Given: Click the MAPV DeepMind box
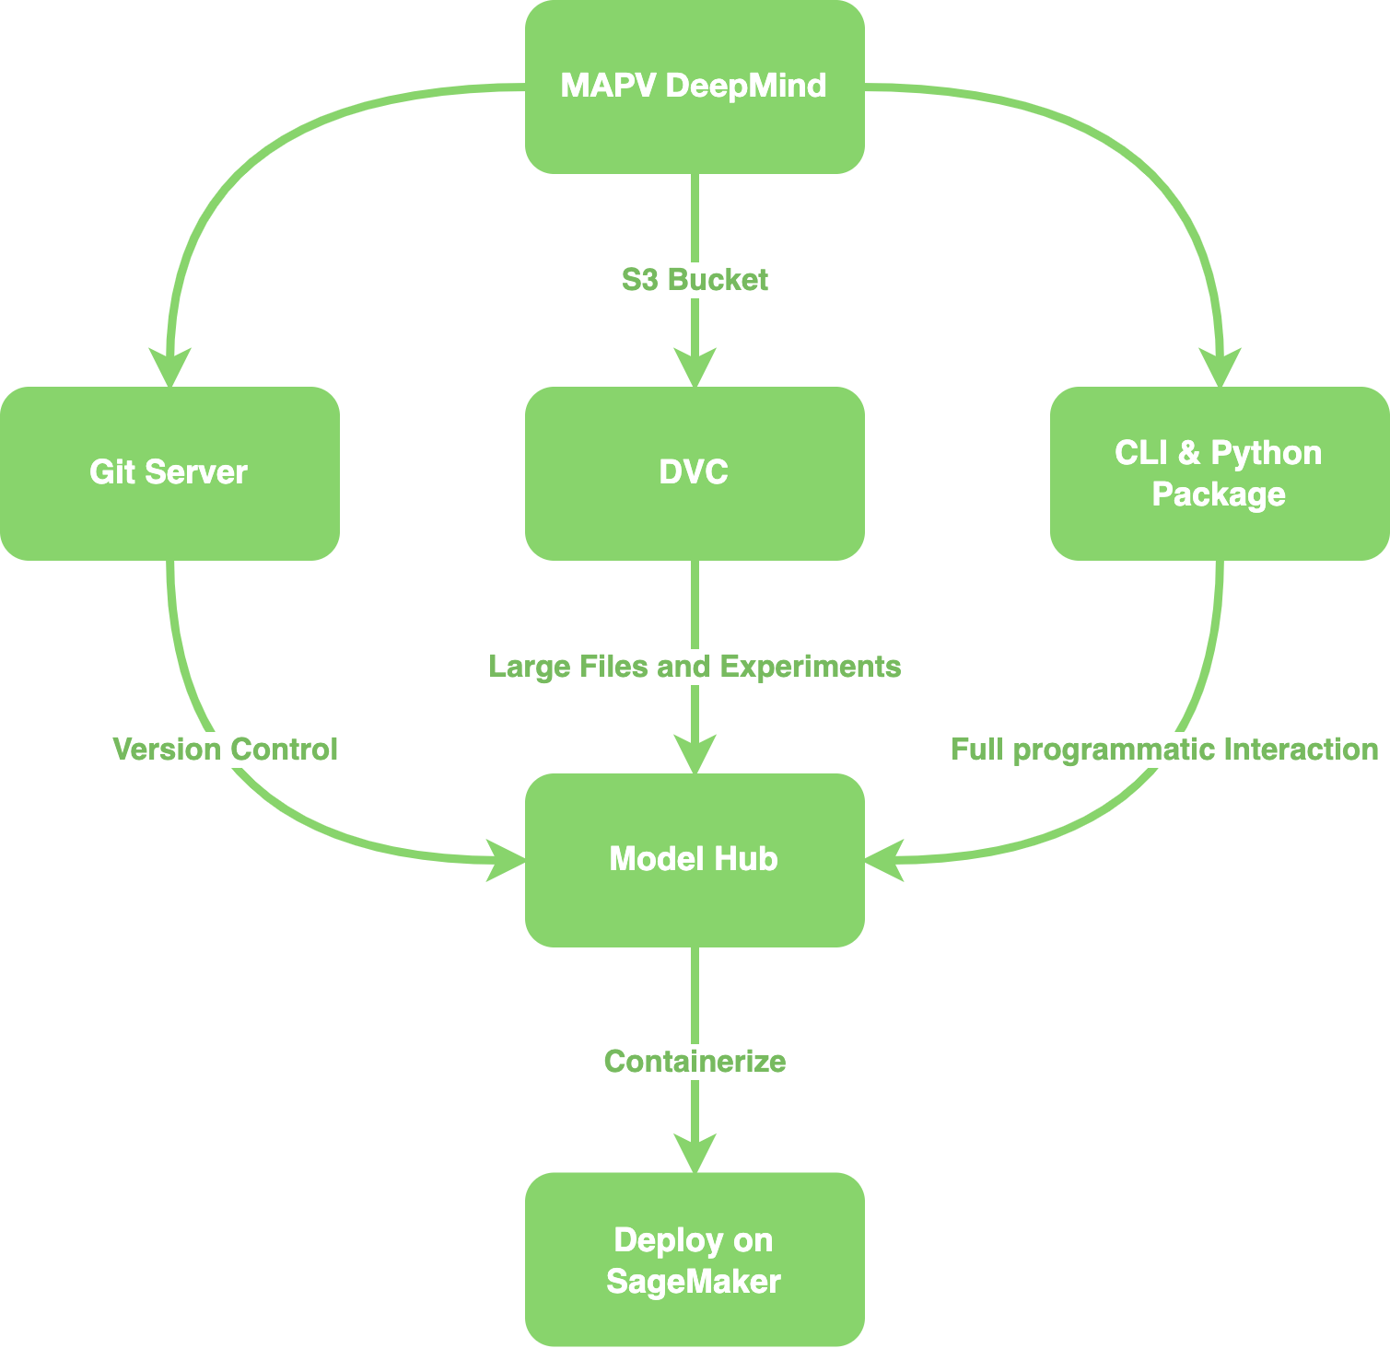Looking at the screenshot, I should (x=695, y=87).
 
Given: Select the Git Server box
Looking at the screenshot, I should (x=169, y=472).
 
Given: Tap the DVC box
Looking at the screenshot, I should (x=695, y=472).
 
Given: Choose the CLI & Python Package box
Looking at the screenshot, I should (x=1219, y=472).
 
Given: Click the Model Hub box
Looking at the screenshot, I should (x=695, y=859).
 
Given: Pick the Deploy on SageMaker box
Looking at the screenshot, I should (x=695, y=1259).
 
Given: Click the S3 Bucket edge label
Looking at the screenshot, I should (x=695, y=280).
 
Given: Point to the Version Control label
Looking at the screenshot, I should (x=225, y=750).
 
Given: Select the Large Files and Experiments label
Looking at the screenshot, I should (x=695, y=667).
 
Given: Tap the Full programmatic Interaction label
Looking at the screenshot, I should (x=1164, y=750).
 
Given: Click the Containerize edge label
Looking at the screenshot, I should (x=695, y=1062).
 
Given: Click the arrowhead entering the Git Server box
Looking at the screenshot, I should (x=170, y=368).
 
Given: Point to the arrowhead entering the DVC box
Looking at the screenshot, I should (x=695, y=368).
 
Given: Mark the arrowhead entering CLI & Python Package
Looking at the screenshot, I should (x=1221, y=368).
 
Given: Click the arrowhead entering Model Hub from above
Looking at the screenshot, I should (x=695, y=755).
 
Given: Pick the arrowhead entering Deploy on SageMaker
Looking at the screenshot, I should (x=695, y=1154).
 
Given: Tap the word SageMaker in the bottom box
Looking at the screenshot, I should (x=694, y=1282).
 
